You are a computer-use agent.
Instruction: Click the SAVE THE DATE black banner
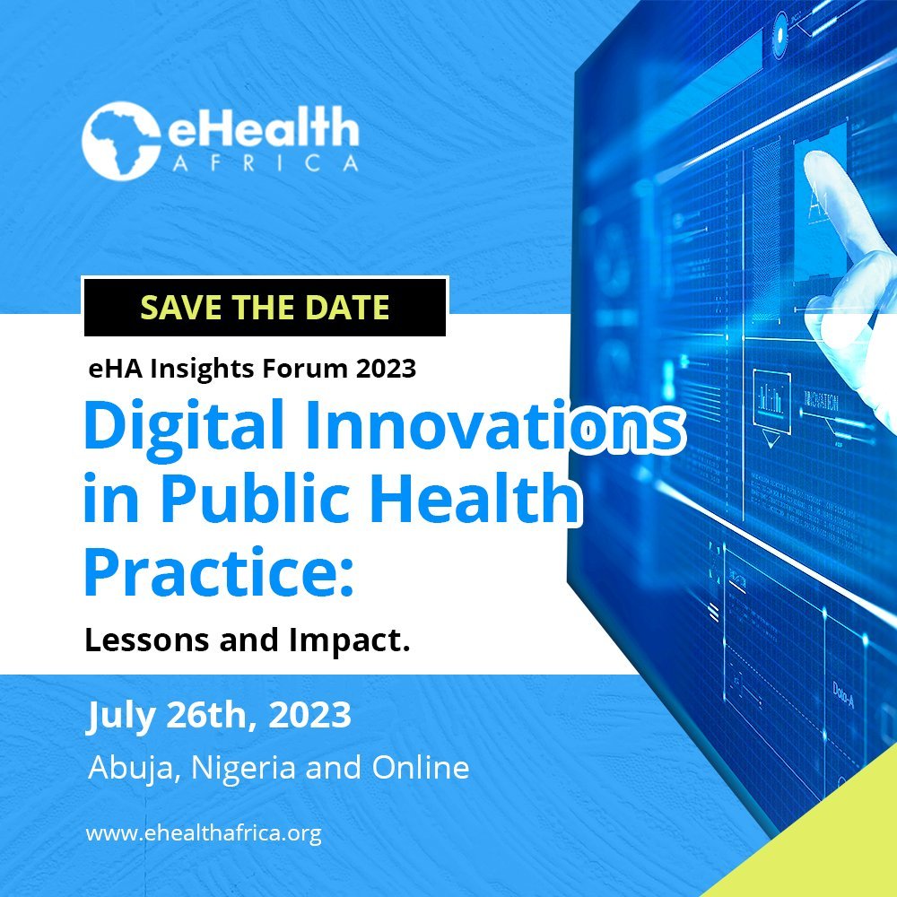(x=265, y=307)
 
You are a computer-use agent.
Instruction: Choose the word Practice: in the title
(x=219, y=571)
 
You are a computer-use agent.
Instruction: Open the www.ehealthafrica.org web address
(x=204, y=833)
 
